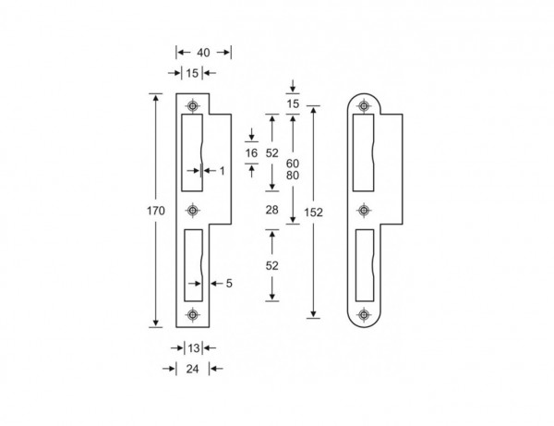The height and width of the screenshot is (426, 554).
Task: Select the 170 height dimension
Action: (x=156, y=212)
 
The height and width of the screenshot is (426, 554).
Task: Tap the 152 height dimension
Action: (x=315, y=212)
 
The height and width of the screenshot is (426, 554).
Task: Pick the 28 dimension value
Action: (x=271, y=212)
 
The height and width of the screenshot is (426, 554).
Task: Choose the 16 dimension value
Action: (x=251, y=152)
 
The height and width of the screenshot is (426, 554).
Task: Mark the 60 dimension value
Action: (x=293, y=163)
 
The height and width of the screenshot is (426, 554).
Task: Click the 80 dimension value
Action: (x=293, y=176)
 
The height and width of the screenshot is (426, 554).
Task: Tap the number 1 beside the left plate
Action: (x=222, y=170)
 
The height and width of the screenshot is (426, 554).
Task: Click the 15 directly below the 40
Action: (x=191, y=72)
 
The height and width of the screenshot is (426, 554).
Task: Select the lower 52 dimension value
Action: (x=271, y=265)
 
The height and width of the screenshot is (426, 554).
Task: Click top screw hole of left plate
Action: (x=192, y=104)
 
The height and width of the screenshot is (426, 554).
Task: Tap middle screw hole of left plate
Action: (x=192, y=211)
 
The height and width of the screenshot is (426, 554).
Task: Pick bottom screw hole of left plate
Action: (x=192, y=316)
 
